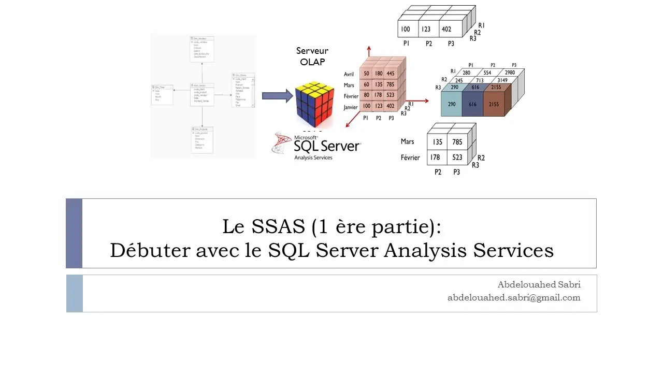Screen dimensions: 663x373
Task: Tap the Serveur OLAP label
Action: [312, 56]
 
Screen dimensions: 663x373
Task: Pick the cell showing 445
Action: [390, 74]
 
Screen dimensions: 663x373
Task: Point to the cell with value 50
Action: [366, 74]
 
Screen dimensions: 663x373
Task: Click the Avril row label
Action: [349, 74]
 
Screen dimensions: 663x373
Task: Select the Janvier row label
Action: [351, 107]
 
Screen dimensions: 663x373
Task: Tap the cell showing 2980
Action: [510, 73]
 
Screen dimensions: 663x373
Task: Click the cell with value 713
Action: [480, 80]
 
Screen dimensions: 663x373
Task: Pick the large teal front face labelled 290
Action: [452, 105]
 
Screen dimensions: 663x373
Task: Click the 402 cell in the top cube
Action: [446, 30]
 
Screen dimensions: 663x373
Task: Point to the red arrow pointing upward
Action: [369, 51]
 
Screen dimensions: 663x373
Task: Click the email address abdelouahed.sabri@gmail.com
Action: [514, 297]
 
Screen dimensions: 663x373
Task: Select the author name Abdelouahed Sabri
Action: [539, 284]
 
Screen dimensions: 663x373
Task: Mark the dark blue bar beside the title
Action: [74, 233]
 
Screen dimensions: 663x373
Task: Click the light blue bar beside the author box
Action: [75, 293]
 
